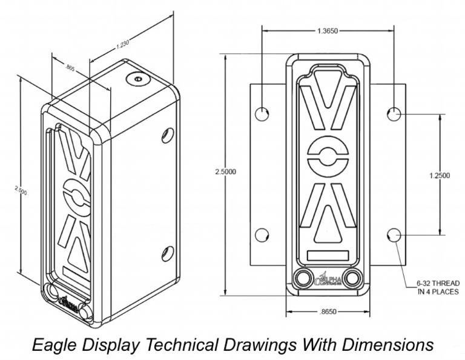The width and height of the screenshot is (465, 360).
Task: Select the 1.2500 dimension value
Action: click(439, 176)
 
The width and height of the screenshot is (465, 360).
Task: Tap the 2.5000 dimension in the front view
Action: click(225, 172)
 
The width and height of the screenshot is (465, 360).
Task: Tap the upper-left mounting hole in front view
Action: click(262, 114)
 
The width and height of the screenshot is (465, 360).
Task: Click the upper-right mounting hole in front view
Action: click(394, 113)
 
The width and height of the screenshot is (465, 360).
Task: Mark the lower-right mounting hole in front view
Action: click(394, 235)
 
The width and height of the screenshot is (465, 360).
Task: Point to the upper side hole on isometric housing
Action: click(168, 135)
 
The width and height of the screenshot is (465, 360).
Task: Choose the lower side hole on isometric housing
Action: click(168, 253)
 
